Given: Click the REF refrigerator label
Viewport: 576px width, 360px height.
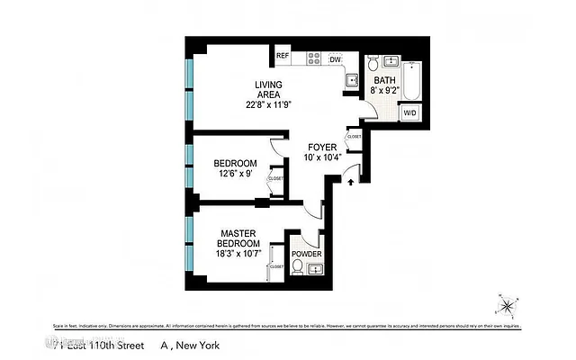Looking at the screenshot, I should click(283, 56).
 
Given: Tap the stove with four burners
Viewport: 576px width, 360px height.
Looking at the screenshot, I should click(315, 58).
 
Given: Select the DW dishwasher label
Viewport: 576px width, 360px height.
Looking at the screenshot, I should click(336, 59).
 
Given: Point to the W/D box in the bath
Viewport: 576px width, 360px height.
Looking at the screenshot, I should click(409, 113).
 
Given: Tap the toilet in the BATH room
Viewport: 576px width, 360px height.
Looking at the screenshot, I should click(373, 64).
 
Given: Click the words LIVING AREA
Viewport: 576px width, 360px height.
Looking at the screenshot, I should click(269, 88).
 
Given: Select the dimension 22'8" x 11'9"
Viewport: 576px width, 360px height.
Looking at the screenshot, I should click(269, 103).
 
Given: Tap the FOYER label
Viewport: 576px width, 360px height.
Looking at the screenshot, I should click(321, 147).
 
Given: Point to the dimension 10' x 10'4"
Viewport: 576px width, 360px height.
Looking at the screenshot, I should click(321, 157).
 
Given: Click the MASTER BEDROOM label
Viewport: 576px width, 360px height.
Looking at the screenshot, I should click(239, 238).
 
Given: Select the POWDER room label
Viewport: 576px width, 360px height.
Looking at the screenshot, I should click(306, 255).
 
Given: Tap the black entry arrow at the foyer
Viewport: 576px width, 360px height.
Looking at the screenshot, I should click(351, 183).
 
